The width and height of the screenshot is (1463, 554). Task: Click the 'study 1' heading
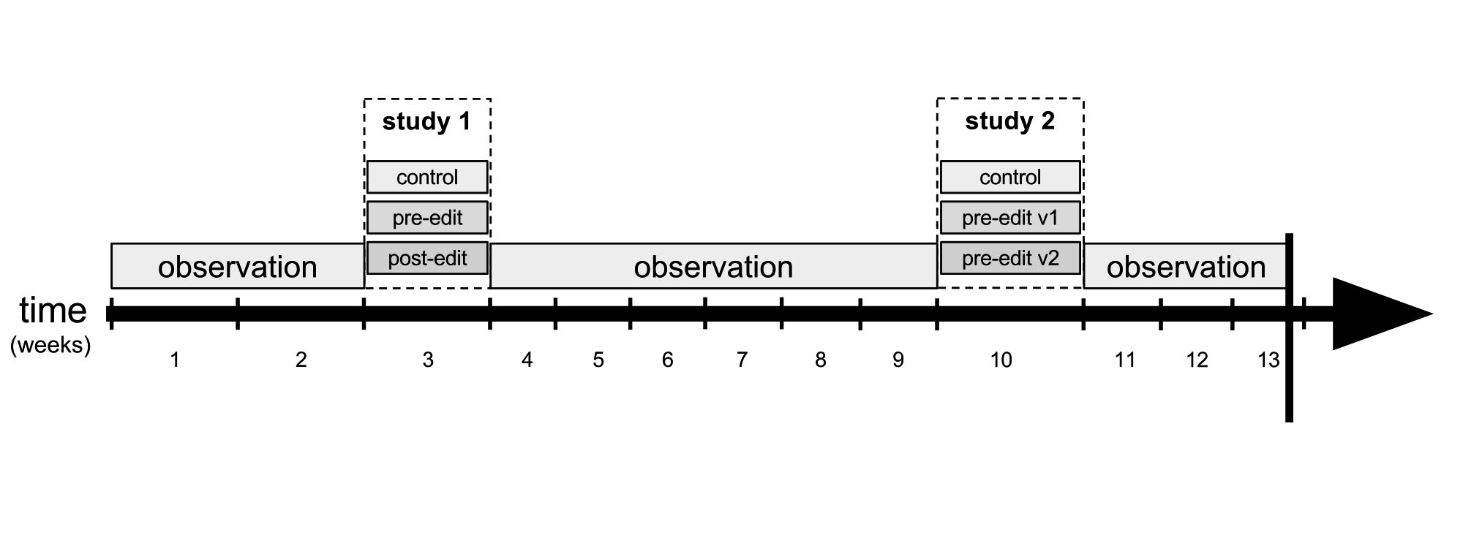click(x=426, y=121)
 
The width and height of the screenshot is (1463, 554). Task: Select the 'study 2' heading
click(x=1009, y=121)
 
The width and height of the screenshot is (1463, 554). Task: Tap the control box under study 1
click(x=427, y=177)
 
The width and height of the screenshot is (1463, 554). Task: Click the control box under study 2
click(x=1010, y=177)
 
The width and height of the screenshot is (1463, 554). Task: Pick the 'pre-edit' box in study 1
click(x=427, y=218)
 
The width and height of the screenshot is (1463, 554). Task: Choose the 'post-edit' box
click(x=427, y=258)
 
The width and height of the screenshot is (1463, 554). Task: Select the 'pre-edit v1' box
click(x=1010, y=218)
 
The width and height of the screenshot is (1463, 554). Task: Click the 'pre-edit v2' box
click(x=1010, y=258)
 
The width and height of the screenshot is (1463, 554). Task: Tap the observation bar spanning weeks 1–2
click(x=238, y=266)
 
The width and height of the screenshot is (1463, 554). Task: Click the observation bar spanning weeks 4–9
click(x=713, y=266)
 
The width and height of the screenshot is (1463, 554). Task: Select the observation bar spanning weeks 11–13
click(x=1184, y=266)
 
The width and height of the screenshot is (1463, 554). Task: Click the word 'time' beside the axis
click(x=53, y=311)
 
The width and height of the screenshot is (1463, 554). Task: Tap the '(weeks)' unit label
click(x=50, y=345)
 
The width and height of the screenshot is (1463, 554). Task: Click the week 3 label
click(x=428, y=360)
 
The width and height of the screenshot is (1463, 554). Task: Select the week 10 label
click(x=1001, y=360)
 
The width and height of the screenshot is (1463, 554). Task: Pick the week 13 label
click(x=1268, y=360)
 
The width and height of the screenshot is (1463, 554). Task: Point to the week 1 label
click(x=175, y=360)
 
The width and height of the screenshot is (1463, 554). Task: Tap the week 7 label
click(x=742, y=360)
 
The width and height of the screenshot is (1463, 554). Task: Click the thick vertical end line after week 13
click(x=1289, y=327)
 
